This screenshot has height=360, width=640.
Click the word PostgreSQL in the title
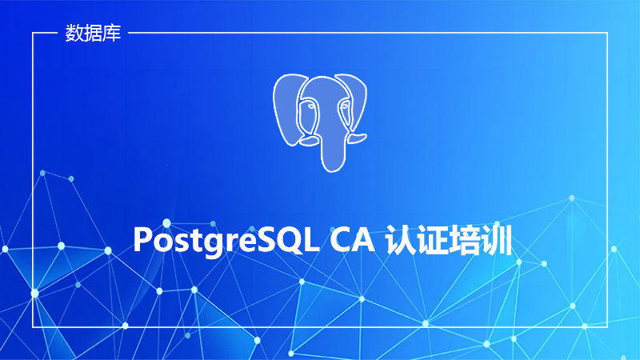pos(226,241)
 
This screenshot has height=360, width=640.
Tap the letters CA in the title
pos(352,240)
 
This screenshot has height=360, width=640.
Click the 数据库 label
pos(93,33)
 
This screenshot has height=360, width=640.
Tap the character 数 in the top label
pos(74,33)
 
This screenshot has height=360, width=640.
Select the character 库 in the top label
pos(112,33)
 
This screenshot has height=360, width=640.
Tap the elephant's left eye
pos(311,106)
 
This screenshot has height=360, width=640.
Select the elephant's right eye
pos(345,106)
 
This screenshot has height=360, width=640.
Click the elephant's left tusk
pos(309,142)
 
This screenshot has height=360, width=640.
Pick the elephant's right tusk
pos(357,138)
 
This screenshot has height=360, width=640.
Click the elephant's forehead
pos(326,88)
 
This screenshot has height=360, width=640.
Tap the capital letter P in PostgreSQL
pos(143,240)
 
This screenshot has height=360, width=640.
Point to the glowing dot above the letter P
pos(166,223)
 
